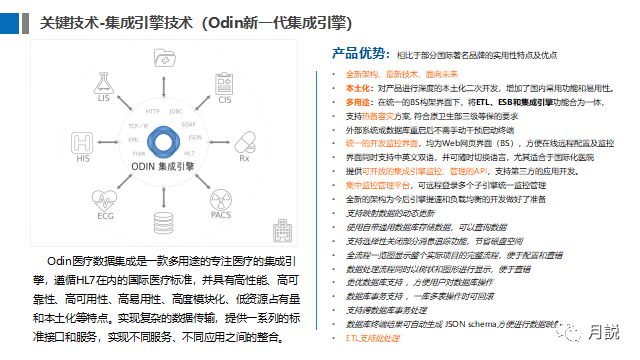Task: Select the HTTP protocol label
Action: pos(153,111)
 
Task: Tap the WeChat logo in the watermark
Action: pos(572,328)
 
